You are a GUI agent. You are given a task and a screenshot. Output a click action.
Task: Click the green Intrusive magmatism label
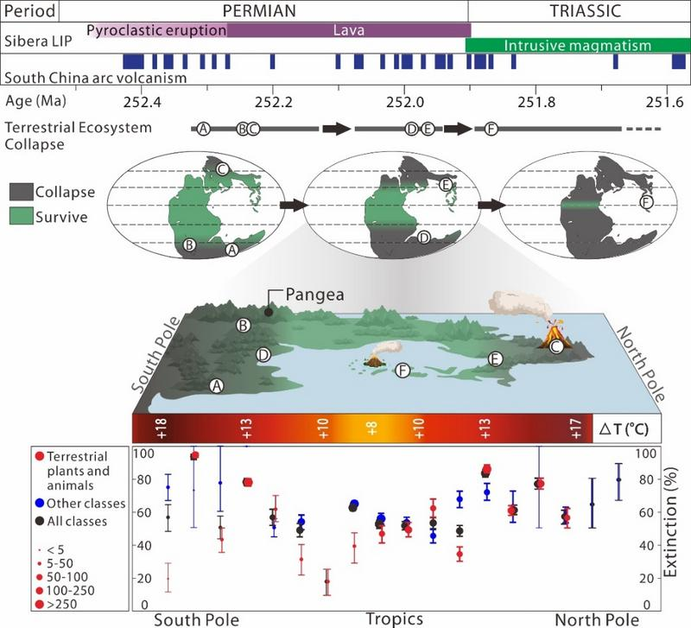pos(576,46)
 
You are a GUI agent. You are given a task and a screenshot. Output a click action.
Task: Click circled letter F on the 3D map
pos(402,371)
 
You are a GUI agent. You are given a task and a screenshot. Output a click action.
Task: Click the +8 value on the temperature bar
pos(372,428)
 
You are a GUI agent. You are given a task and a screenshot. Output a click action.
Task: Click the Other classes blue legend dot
pos(39,503)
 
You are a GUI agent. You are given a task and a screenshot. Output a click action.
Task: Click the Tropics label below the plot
pos(394,618)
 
